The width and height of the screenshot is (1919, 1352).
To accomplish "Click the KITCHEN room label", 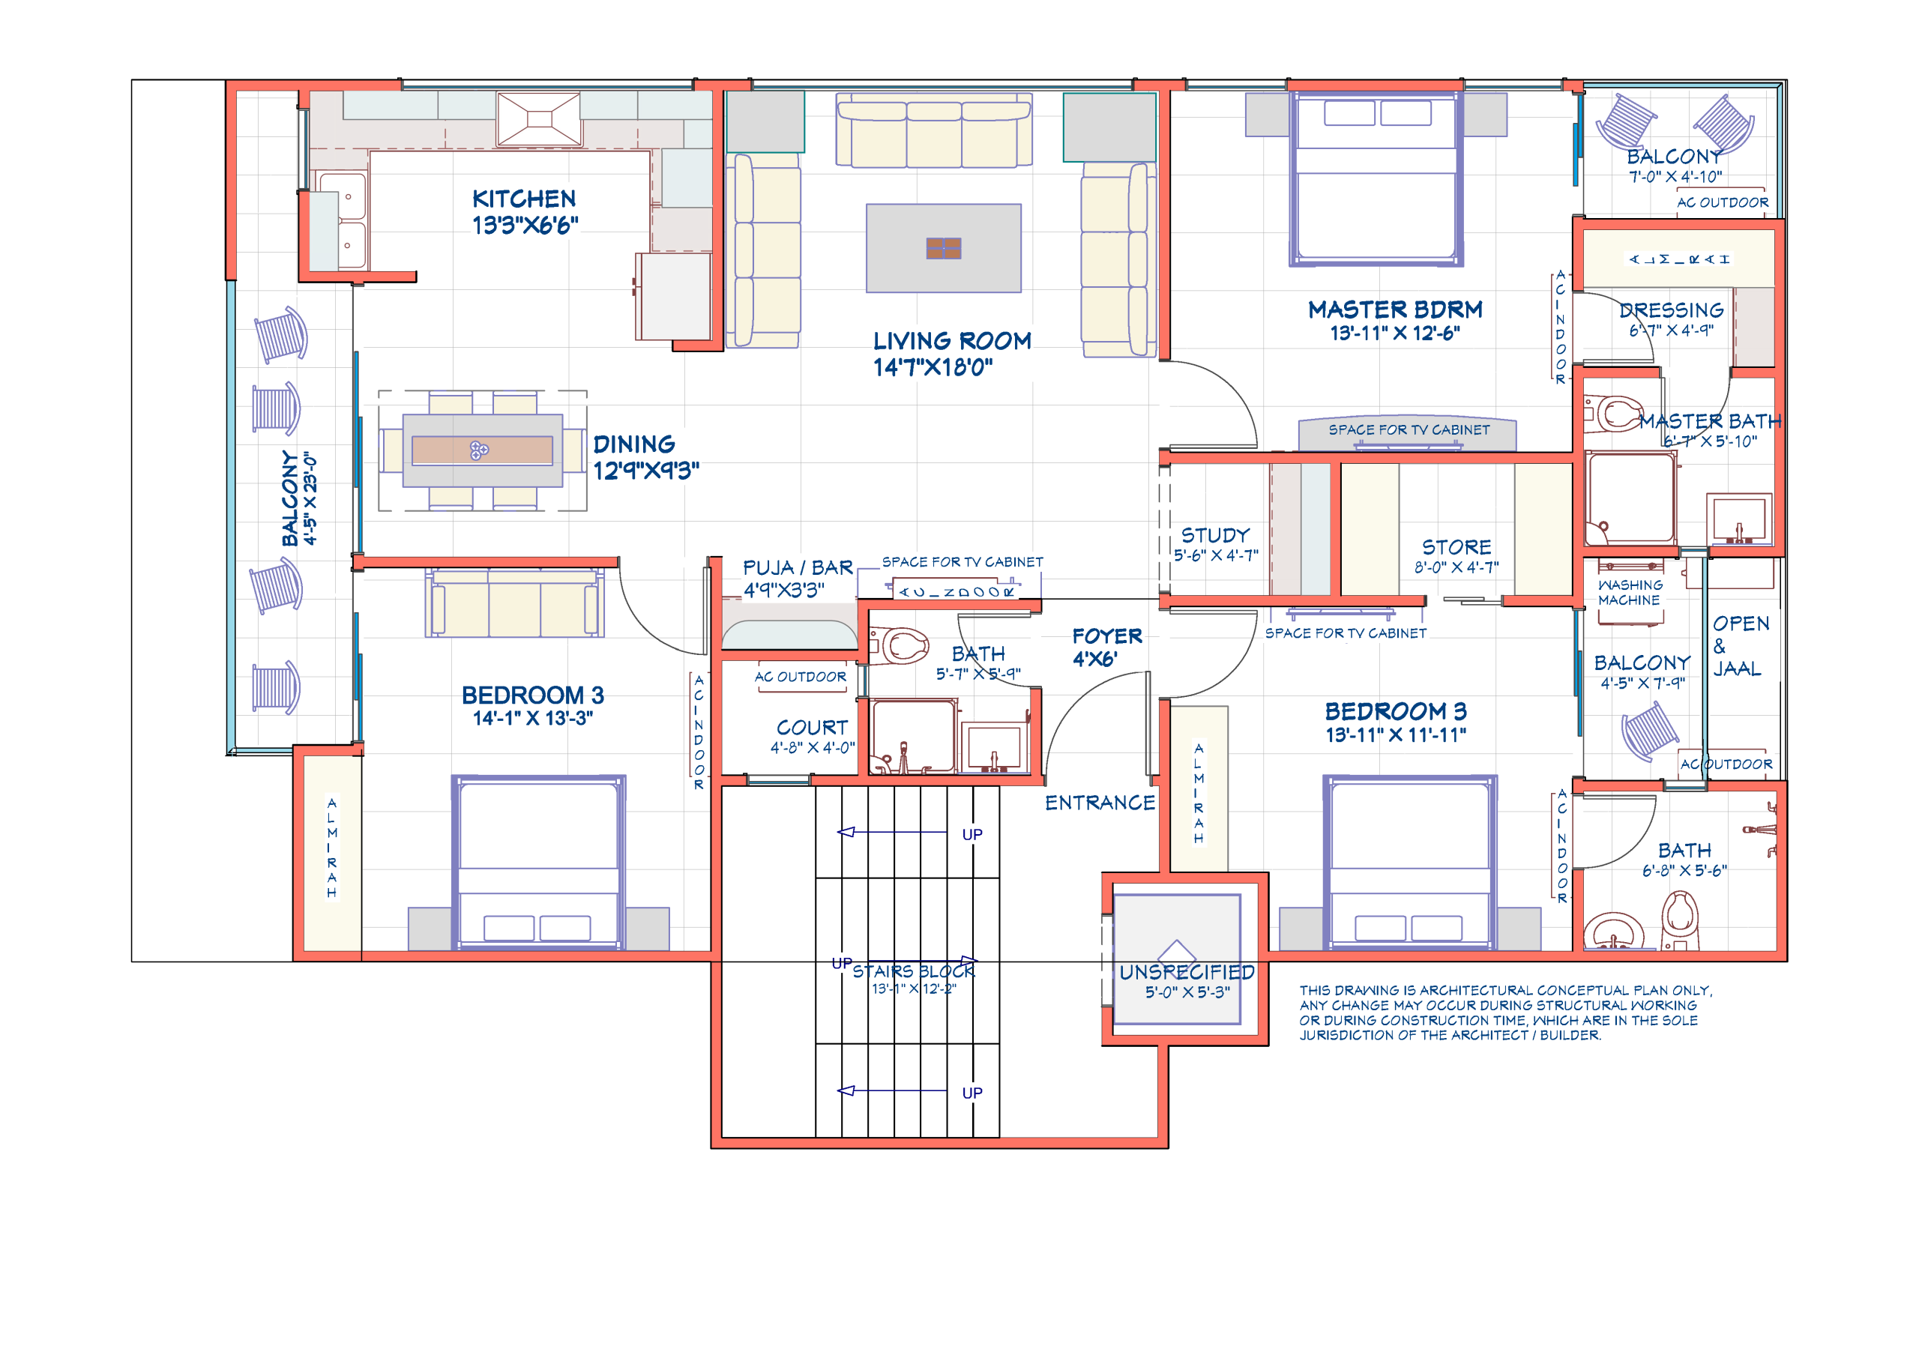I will (523, 199).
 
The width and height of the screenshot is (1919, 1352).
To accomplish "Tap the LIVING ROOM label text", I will (951, 341).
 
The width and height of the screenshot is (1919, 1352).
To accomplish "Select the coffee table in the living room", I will (943, 248).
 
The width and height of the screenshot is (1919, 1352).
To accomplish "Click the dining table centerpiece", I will (479, 450).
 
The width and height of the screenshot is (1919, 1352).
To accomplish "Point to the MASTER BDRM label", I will (1395, 310).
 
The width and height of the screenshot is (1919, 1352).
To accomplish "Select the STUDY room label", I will (1215, 536).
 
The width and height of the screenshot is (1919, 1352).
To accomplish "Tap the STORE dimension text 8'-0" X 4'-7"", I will (1456, 567).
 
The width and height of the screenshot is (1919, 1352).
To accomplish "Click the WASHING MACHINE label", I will (1630, 593).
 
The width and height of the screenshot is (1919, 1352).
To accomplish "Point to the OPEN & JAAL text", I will (1739, 646).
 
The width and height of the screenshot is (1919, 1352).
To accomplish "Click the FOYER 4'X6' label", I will (1106, 647).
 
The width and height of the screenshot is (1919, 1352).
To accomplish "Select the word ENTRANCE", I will (1100, 803).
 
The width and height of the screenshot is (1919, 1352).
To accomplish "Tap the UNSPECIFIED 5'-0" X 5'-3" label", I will (1186, 981).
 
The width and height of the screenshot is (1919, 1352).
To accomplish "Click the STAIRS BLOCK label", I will (914, 972).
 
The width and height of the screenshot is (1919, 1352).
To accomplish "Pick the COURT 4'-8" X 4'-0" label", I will (812, 736).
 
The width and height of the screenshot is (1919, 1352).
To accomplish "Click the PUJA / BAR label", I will (798, 568).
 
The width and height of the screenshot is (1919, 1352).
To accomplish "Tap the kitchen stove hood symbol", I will (538, 119).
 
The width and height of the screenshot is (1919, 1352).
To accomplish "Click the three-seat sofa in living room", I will (933, 131).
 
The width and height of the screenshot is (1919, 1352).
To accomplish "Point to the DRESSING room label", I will (1671, 311).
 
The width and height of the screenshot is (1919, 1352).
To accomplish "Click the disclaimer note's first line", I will (1505, 990).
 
